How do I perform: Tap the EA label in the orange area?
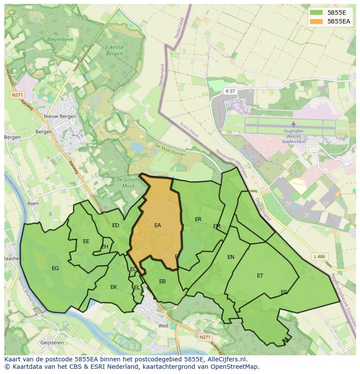157,225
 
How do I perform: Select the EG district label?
55,268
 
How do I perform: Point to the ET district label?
260,276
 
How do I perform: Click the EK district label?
113,287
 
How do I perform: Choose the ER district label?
198,219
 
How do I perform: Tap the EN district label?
231,257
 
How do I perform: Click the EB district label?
162,281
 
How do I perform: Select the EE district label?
86,242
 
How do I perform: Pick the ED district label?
116,225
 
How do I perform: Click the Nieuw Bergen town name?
60,116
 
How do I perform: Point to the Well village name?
163,326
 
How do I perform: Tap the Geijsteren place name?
52,342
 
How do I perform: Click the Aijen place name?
33,203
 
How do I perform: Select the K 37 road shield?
230,91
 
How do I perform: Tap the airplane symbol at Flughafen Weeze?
293,124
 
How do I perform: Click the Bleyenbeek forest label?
60,39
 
